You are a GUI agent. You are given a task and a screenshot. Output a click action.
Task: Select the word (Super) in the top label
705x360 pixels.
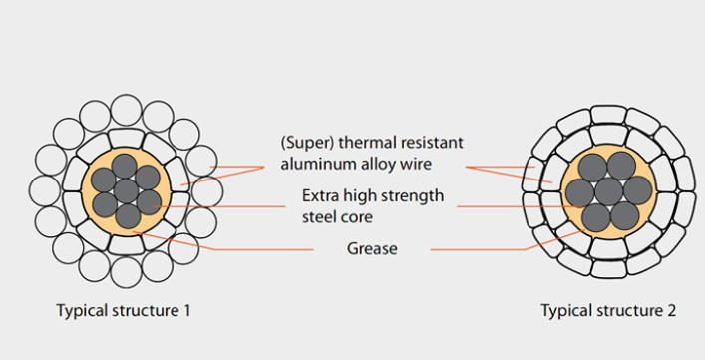(300, 142)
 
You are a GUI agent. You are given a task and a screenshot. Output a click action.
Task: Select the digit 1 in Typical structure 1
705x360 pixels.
(186, 310)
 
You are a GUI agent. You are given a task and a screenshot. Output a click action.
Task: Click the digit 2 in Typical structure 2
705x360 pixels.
(672, 310)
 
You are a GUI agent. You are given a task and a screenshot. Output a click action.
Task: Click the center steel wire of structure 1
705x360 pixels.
(126, 189)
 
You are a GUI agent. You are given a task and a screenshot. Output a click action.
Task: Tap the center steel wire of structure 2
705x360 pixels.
(608, 189)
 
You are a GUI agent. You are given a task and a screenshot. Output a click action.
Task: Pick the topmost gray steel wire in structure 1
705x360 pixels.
(126, 165)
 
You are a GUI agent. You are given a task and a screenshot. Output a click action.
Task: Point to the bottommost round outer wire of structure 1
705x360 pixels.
(126, 270)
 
